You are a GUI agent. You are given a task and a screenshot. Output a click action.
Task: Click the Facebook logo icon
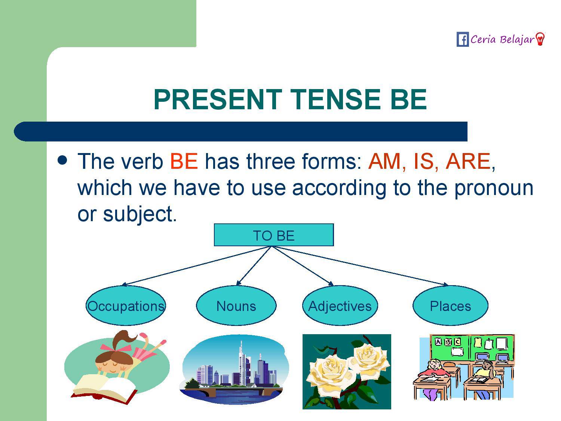pos(463,39)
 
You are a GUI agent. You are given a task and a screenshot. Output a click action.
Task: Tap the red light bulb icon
pos(540,39)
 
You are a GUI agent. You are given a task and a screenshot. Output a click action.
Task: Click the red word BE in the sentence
pos(184,161)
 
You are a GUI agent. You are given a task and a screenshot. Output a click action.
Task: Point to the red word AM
pos(384,161)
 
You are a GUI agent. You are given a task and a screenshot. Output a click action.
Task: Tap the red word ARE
pos(467,161)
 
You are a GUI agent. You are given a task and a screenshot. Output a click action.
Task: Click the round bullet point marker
pos(62,160)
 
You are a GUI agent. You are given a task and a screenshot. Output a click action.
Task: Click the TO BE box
pos(274,235)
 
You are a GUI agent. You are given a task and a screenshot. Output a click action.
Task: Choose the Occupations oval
pos(126,306)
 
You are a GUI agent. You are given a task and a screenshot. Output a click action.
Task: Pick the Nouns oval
pos(236,306)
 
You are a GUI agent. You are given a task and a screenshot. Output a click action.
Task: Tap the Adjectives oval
pos(340,306)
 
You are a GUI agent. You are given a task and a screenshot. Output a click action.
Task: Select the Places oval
pos(450,306)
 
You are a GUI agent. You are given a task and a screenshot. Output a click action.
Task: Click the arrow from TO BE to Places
pos(361,266)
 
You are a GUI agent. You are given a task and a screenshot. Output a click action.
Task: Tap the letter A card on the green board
pos(438,342)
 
